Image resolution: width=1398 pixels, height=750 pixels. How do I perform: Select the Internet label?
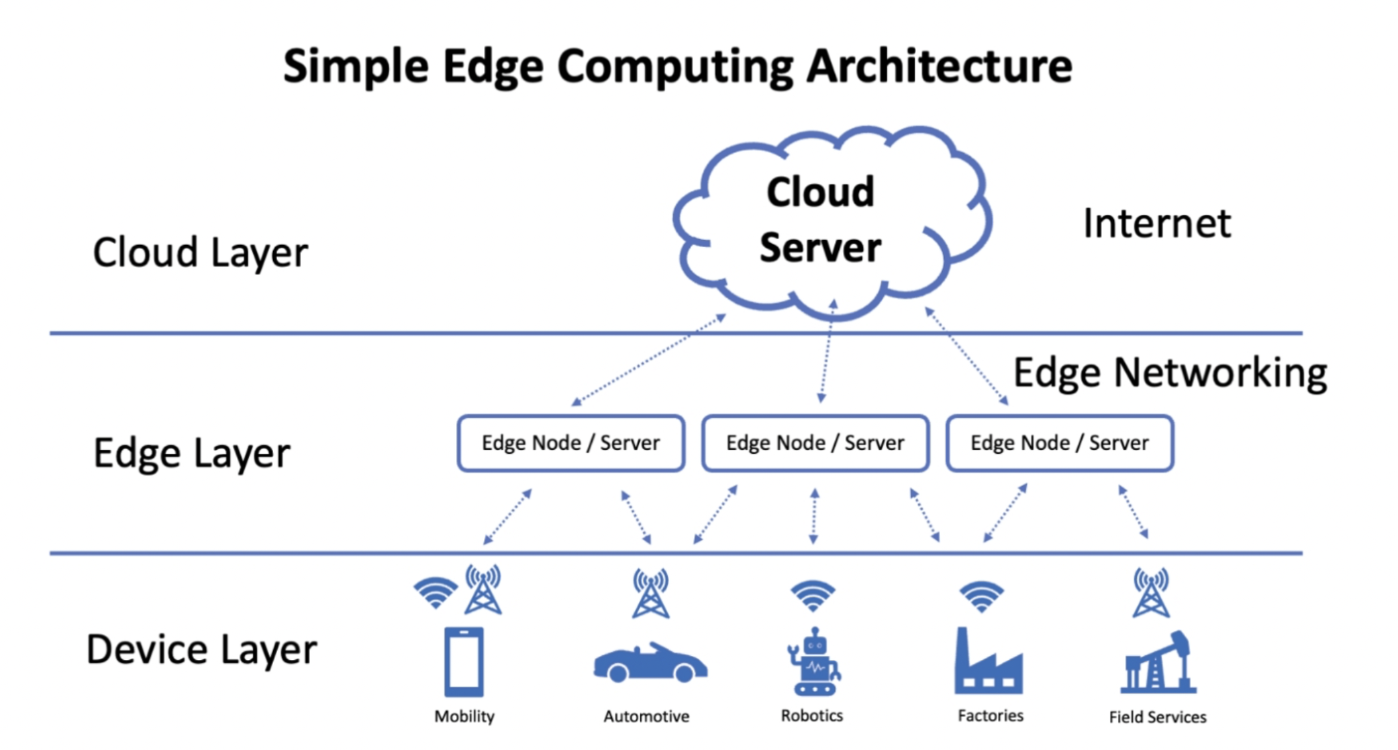[x=1157, y=223]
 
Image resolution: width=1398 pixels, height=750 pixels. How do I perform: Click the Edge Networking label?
[x=1169, y=373]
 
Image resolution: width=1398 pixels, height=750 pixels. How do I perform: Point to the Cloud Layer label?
[x=200, y=253]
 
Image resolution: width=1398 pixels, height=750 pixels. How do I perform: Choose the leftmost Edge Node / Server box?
[x=571, y=443]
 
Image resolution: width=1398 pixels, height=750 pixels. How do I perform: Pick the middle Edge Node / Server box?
[x=815, y=443]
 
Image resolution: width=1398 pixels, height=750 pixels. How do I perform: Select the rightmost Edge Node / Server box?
[x=1059, y=443]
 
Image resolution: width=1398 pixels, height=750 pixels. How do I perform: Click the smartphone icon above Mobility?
[x=464, y=661]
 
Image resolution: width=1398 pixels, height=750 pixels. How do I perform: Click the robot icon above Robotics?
[x=814, y=663]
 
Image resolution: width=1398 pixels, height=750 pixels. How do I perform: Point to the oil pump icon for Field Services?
[x=1158, y=663]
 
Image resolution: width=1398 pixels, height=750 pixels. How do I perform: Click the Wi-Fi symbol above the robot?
[x=812, y=596]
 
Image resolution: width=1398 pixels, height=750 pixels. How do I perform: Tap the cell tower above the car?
[x=651, y=593]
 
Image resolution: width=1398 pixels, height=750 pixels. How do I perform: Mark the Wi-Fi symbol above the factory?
[x=981, y=596]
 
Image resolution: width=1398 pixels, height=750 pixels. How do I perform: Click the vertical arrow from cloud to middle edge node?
[x=827, y=351]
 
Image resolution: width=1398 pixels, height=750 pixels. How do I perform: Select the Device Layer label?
[x=201, y=649]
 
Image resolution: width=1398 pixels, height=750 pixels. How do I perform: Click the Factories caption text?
[x=990, y=715]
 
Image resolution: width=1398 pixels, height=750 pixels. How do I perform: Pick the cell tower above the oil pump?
[x=1151, y=592]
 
